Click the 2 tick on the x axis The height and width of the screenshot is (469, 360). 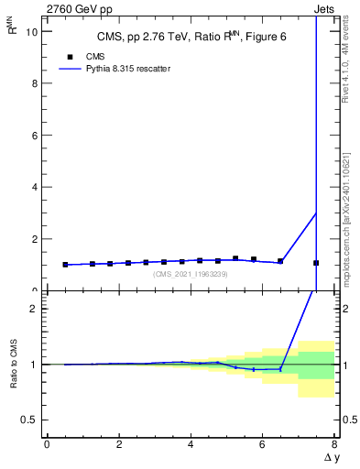119,444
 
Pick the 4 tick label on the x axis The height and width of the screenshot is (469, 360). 191,444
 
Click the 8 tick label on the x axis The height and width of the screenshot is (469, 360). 334,444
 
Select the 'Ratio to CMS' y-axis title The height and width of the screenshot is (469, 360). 12,365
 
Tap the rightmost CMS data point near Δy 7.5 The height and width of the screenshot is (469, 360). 316,263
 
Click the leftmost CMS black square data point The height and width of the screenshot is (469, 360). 65,265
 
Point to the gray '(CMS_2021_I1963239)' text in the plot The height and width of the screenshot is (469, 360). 191,274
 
